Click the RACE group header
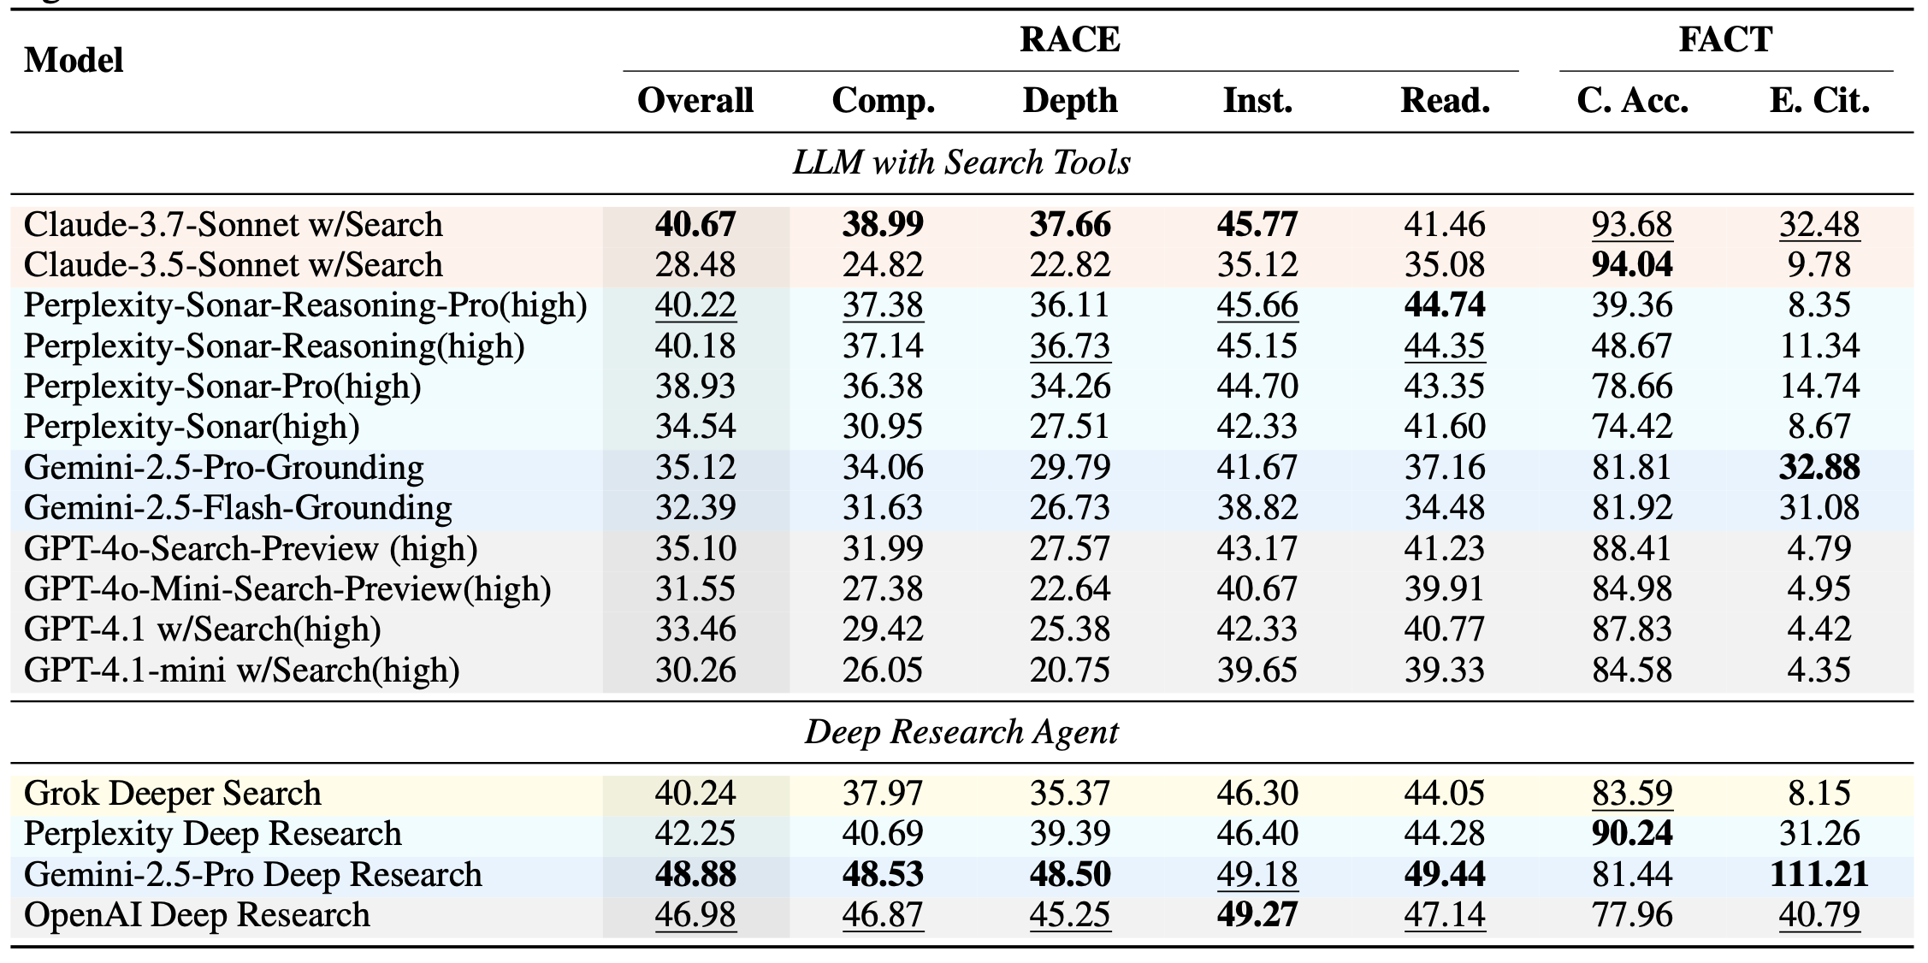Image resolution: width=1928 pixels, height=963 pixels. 1069,40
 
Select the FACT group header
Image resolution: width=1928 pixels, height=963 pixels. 1725,40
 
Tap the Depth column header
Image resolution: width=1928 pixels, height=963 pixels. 1069,101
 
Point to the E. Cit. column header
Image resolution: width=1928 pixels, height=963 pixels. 1819,101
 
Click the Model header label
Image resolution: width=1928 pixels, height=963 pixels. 74,61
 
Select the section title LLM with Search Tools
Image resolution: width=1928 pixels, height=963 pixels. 961,162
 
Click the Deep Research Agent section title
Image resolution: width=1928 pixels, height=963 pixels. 961,732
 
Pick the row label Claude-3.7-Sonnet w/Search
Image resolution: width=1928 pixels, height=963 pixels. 233,225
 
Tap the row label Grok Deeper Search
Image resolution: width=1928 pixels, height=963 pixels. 172,794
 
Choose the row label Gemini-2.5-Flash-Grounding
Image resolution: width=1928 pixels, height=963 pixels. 237,508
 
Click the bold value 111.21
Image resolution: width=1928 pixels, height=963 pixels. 1819,875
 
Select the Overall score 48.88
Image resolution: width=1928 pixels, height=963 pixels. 695,875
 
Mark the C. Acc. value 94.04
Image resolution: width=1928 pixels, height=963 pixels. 1632,265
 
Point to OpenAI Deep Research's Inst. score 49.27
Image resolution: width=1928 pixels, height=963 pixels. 1257,915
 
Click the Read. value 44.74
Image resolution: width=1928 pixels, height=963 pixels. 1445,305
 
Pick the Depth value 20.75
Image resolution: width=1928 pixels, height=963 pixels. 1069,670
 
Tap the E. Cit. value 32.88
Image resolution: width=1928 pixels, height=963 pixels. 1819,468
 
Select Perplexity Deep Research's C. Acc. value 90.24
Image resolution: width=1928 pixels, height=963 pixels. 1632,834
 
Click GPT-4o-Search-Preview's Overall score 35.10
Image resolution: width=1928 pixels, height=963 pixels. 695,548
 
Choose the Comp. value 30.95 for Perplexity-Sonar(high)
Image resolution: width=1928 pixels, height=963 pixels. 883,427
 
